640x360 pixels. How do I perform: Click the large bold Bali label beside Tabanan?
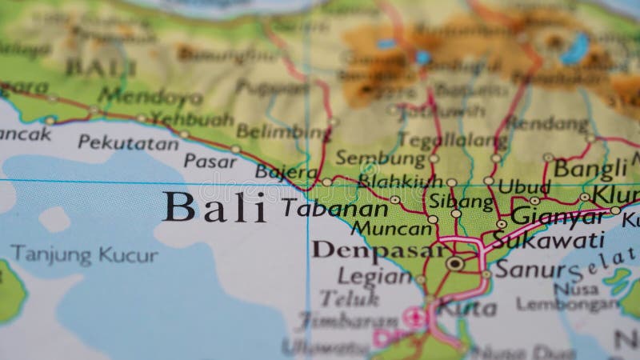click(x=214, y=208)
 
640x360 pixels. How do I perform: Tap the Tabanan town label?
click(x=334, y=209)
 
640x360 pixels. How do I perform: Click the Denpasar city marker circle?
click(x=455, y=262)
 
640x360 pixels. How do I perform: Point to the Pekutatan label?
click(x=128, y=143)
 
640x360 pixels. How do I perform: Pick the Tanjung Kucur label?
click(x=84, y=255)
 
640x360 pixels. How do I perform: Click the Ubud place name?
click(x=524, y=186)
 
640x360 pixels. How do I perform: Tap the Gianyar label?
click(x=558, y=215)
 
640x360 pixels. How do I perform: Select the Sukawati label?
click(x=548, y=239)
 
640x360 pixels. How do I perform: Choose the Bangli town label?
click(x=591, y=169)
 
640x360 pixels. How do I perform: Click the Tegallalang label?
click(x=442, y=140)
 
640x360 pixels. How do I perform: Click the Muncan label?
click(x=392, y=229)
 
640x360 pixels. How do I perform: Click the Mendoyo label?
click(x=150, y=97)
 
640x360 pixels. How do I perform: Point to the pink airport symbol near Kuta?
click(x=414, y=316)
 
